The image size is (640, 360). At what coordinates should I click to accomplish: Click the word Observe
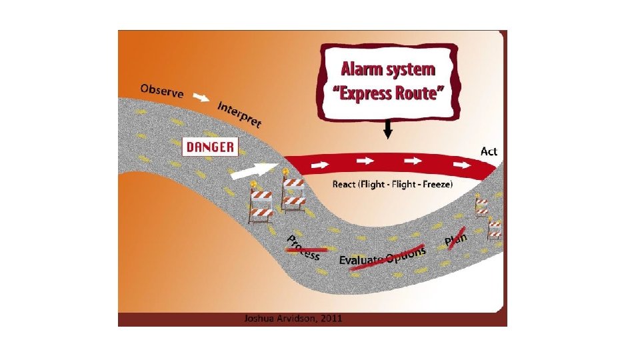click(162, 91)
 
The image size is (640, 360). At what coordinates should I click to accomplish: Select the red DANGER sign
click(210, 147)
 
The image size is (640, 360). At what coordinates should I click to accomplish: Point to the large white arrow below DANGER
click(254, 170)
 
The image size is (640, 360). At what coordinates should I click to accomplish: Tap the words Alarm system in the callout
click(388, 69)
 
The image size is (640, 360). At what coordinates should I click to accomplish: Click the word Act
click(489, 151)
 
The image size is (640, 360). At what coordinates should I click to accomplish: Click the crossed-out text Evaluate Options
click(382, 257)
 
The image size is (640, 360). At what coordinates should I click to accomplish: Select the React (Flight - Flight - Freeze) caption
click(393, 184)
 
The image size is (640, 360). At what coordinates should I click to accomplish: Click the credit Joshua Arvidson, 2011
click(294, 319)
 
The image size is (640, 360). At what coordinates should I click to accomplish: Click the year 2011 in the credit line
click(331, 319)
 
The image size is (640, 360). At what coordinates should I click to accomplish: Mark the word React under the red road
click(345, 184)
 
